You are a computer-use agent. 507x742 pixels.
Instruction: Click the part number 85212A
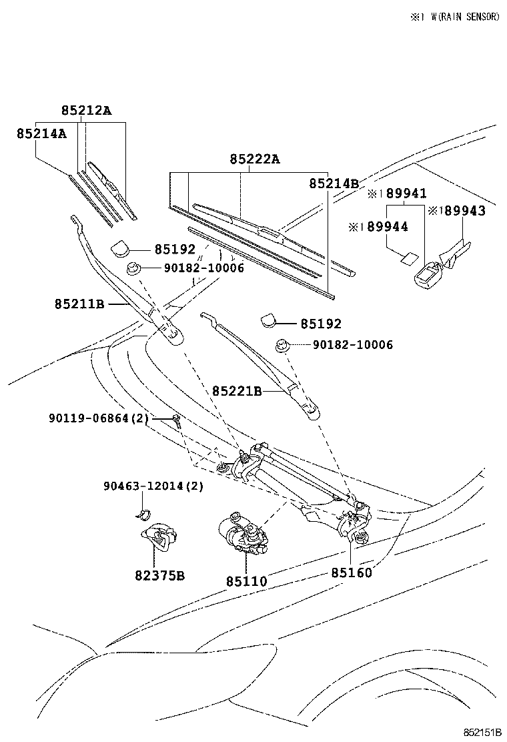coord(86,111)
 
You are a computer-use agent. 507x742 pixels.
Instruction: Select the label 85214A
coord(41,133)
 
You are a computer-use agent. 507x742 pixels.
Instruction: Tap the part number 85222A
coord(255,159)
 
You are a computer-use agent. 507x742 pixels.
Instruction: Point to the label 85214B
coord(334,183)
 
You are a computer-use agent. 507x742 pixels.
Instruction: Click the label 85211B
coord(79,304)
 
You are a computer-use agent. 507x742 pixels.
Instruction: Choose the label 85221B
coord(237,391)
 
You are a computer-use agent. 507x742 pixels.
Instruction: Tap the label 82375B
coord(158,575)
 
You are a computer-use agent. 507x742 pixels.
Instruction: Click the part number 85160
coord(352,573)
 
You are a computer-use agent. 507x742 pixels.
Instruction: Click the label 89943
coord(462,211)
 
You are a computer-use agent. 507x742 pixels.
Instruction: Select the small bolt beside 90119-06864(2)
coord(176,420)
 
